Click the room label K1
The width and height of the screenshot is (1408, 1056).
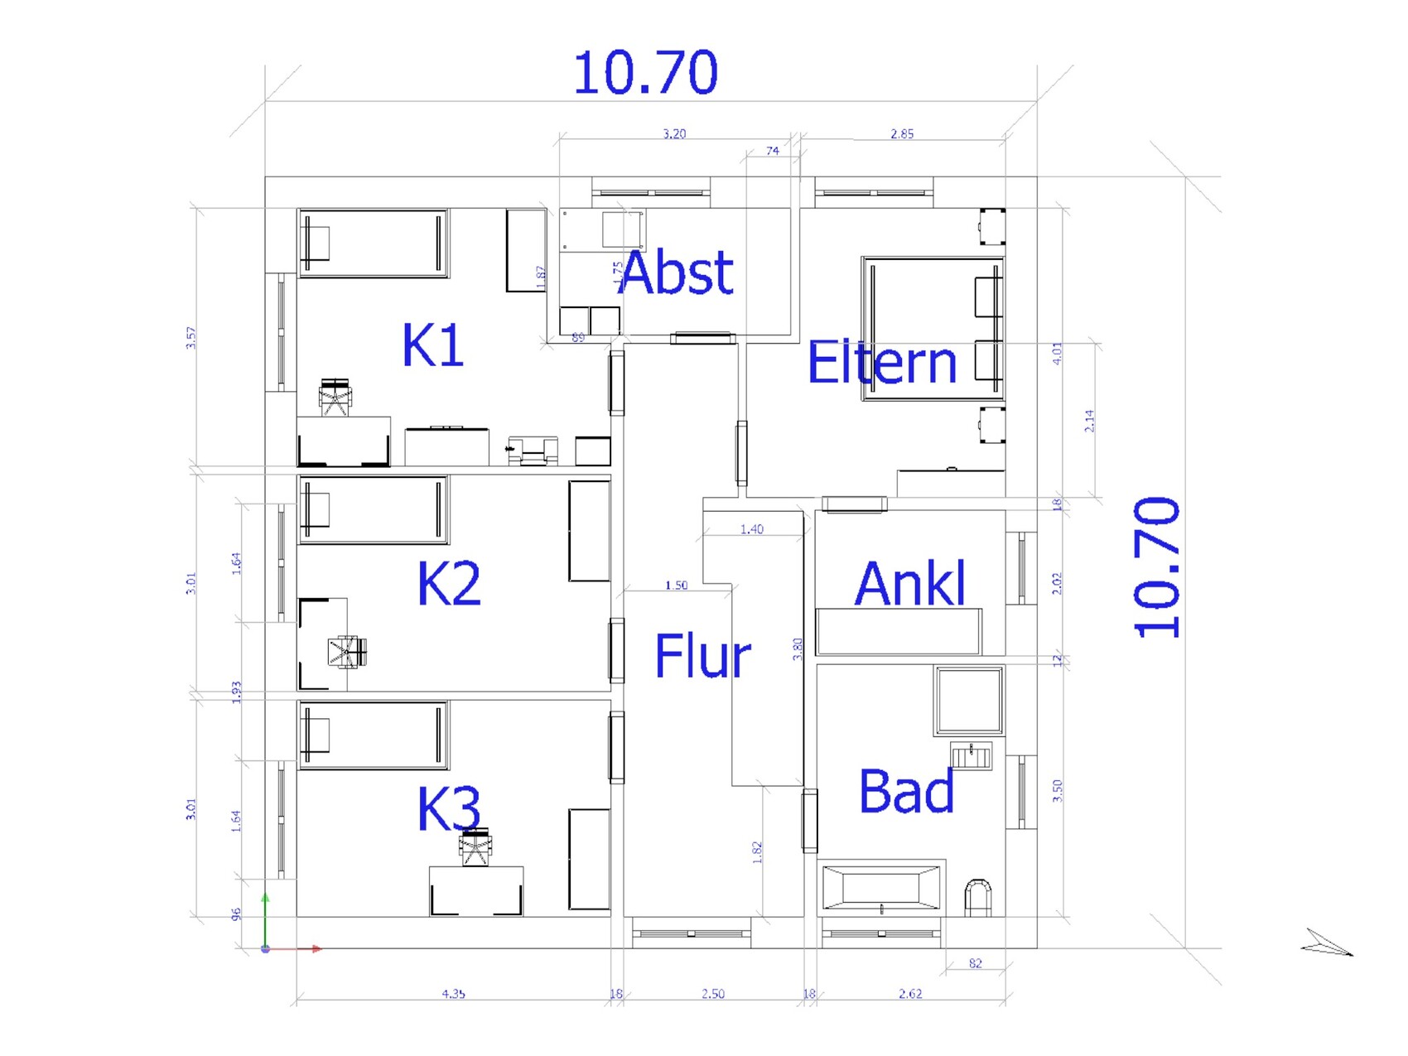click(432, 345)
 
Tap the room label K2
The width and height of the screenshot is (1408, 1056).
click(448, 583)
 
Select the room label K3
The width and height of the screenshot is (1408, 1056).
click(448, 808)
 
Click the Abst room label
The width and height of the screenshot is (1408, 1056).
click(676, 272)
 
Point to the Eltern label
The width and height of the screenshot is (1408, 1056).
click(881, 363)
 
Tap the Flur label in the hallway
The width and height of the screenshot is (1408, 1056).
click(702, 656)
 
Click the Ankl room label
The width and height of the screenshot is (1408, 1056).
click(909, 584)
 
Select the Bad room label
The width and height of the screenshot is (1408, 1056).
click(906, 791)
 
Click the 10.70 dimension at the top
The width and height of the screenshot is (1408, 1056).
click(645, 73)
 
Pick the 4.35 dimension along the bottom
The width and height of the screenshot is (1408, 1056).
click(453, 994)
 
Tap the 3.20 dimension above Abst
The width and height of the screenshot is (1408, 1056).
click(674, 133)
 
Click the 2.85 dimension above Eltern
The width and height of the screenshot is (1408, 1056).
click(902, 133)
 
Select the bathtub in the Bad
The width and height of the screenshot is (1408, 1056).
click(881, 888)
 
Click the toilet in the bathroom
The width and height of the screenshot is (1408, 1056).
click(978, 898)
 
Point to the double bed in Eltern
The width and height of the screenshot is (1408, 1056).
click(932, 329)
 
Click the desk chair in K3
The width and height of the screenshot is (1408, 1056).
click(475, 847)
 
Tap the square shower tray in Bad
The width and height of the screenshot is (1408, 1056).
click(969, 701)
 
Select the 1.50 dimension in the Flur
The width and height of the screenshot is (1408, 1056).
click(676, 586)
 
